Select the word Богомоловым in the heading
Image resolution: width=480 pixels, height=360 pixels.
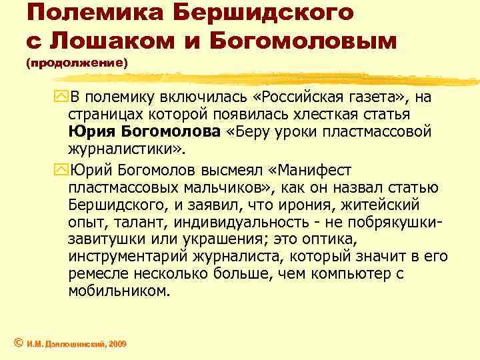303,40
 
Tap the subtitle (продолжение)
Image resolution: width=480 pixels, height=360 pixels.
77,65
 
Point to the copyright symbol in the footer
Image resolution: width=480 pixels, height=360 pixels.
19,343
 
